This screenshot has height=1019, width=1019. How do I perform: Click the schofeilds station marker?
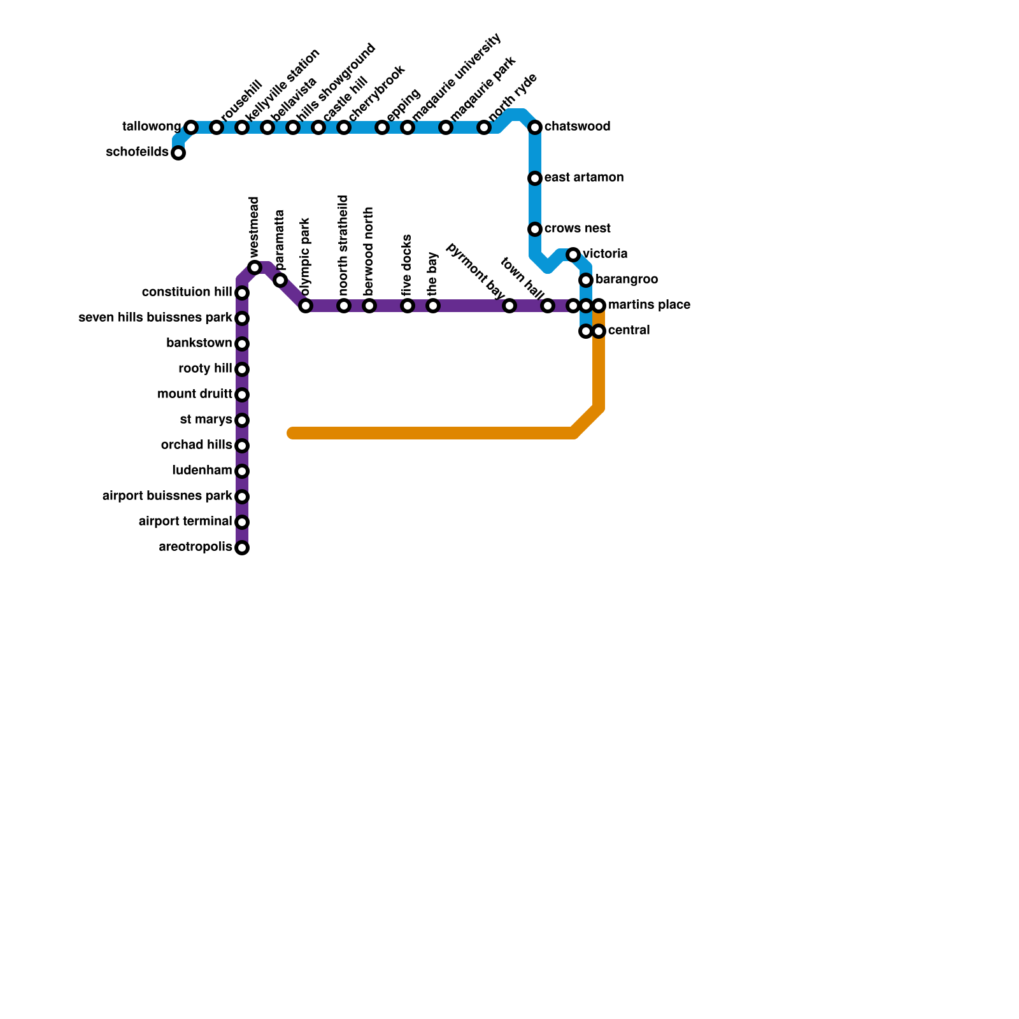coord(178,153)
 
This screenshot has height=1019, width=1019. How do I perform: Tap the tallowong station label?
coord(151,127)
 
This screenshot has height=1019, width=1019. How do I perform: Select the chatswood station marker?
coord(535,127)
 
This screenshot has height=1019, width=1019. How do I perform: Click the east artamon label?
coord(583,178)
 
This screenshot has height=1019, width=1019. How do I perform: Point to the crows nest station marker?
coord(535,229)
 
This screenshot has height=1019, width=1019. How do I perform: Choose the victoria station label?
coord(605,254)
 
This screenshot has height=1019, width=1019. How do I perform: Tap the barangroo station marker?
coord(586,280)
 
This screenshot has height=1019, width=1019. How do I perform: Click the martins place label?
coord(648,305)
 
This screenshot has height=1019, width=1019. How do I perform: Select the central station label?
coord(629,331)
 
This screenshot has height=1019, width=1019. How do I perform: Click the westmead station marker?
coord(255,267)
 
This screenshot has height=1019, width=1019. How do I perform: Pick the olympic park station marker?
coord(306,306)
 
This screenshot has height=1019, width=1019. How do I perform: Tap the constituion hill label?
coord(187,292)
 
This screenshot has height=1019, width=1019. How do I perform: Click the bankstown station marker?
coord(242,344)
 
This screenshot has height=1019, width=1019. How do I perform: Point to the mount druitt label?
coord(194,394)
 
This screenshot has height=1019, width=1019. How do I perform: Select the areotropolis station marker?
coord(242,548)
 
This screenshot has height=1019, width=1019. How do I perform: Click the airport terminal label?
coord(185,522)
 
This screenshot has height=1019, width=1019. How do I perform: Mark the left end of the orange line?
coord(292,434)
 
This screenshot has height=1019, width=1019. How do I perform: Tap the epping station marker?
coord(382,127)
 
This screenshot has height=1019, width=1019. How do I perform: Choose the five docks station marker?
coord(408,306)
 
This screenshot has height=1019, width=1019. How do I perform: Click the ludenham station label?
coord(202,471)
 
